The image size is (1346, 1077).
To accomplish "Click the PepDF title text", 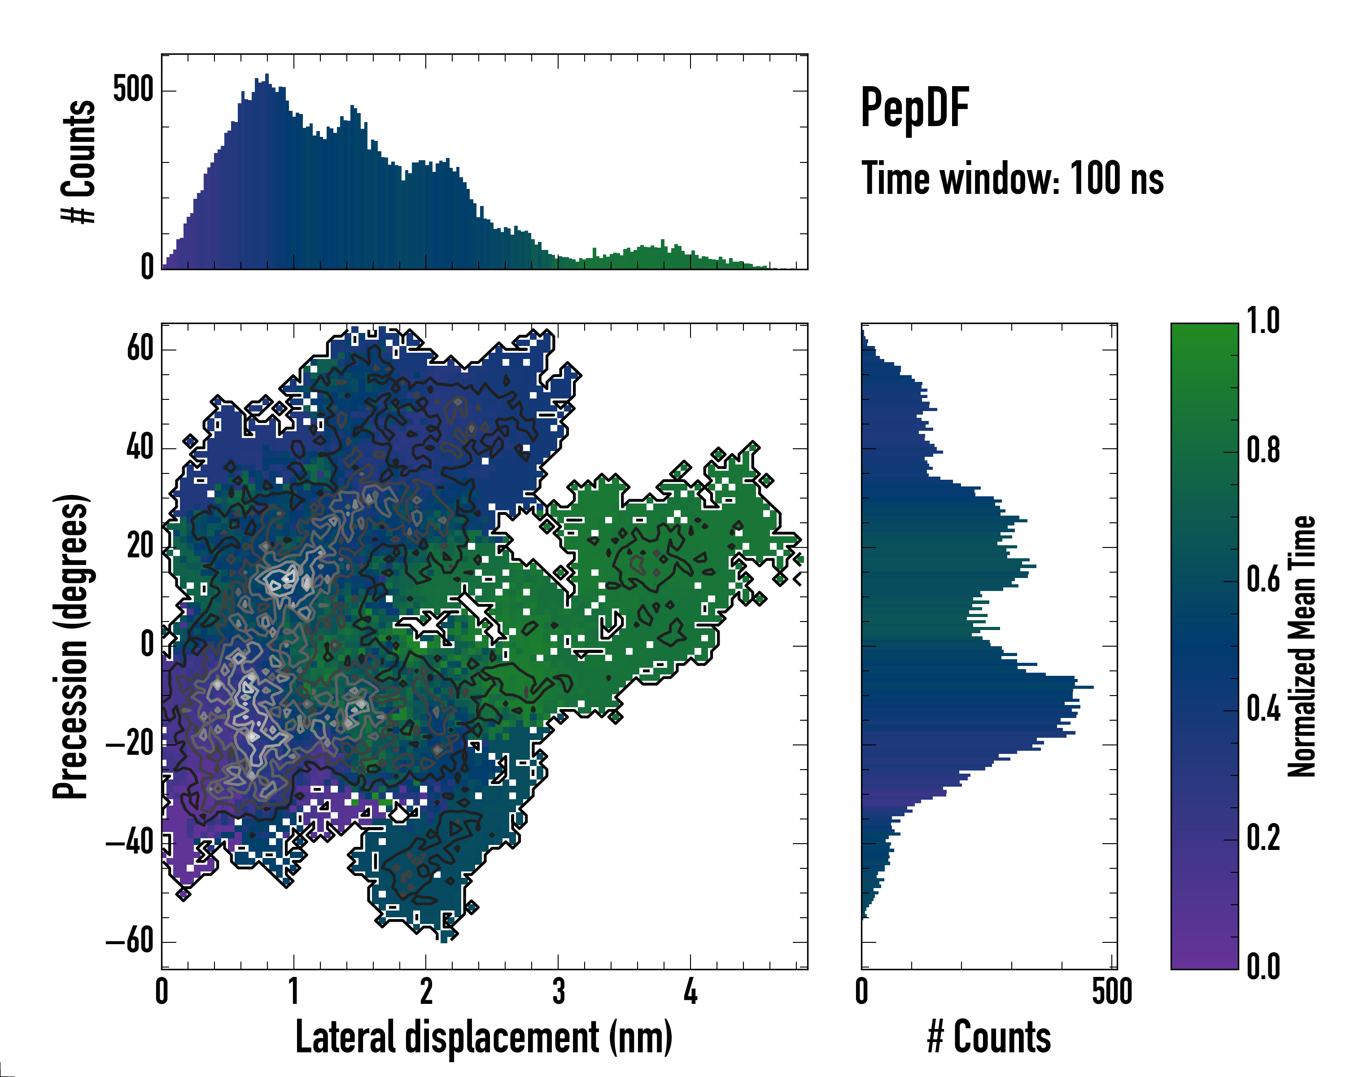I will (914, 107).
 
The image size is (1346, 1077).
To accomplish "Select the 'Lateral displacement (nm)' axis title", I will (484, 1037).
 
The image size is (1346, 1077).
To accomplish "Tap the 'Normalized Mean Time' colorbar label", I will (1302, 646).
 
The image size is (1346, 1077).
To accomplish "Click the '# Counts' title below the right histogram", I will (989, 1037).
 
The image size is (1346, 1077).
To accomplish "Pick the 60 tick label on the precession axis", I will (140, 348).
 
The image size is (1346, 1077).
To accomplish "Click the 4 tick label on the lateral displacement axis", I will (690, 991).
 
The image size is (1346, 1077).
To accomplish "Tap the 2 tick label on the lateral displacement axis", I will (426, 991).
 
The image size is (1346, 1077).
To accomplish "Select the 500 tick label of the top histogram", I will (133, 89).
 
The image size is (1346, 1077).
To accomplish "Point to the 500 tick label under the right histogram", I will (1112, 991).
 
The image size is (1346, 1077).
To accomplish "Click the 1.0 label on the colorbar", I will (1263, 322).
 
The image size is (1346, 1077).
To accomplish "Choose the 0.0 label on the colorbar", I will (1263, 967).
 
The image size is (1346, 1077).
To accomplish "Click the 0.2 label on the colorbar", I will (1263, 838).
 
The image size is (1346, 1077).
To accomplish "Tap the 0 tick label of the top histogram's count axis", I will (147, 267).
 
